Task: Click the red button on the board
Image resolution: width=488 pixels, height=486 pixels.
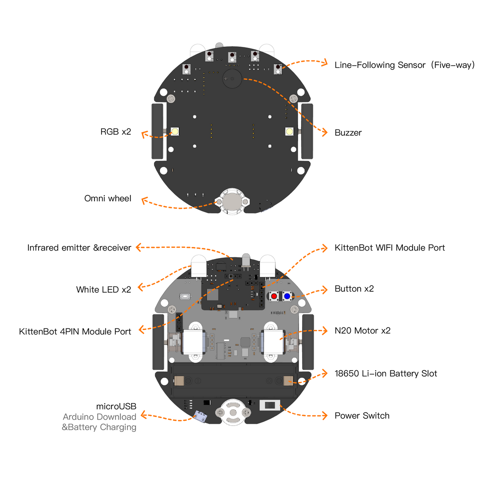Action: tap(274, 296)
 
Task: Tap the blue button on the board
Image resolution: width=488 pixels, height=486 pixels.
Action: tap(287, 296)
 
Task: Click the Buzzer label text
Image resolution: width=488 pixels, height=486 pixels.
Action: tap(348, 133)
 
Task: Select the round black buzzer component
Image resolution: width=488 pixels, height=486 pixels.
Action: tap(232, 79)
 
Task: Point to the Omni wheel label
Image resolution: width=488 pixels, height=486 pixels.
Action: tap(108, 198)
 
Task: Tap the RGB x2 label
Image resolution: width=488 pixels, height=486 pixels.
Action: tap(116, 132)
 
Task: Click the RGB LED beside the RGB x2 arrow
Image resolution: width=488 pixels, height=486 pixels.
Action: tap(175, 132)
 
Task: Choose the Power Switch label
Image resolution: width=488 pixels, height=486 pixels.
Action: tap(362, 415)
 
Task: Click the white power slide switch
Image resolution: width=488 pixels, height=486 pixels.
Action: tap(270, 405)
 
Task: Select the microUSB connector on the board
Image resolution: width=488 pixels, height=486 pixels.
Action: tap(201, 416)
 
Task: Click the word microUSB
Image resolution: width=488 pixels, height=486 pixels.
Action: tap(116, 406)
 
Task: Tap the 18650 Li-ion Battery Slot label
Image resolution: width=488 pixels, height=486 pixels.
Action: tap(386, 373)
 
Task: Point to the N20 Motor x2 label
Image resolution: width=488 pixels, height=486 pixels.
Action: tap(362, 330)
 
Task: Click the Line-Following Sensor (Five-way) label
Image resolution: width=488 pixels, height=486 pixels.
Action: tap(405, 65)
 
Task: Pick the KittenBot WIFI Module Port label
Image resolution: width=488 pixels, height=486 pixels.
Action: tap(390, 248)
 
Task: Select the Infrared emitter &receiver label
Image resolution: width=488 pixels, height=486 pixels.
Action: tap(79, 248)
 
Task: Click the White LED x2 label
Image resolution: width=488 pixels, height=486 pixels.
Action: tap(103, 290)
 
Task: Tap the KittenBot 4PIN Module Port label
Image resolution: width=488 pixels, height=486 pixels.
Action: tap(75, 331)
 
